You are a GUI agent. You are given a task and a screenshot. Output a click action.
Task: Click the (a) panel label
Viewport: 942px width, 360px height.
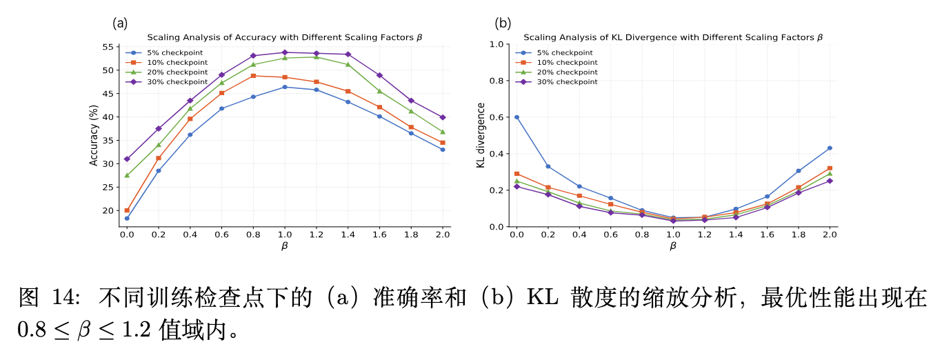(120, 23)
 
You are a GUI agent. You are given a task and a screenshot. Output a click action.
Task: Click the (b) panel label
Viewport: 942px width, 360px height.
(503, 23)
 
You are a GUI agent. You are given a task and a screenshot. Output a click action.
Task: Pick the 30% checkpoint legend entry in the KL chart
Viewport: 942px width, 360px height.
(557, 81)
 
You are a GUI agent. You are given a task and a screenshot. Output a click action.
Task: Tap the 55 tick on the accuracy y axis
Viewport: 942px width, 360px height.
(108, 47)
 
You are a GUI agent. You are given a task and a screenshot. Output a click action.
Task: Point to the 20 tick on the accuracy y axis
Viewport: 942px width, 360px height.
(108, 211)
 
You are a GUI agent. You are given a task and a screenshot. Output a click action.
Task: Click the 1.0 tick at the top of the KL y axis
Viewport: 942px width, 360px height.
(497, 44)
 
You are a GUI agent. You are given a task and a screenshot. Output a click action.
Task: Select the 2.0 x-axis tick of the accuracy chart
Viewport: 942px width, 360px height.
(443, 234)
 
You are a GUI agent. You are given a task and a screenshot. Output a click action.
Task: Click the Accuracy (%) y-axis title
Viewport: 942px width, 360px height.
(94, 135)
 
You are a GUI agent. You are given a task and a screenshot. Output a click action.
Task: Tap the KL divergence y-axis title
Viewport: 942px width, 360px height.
(481, 135)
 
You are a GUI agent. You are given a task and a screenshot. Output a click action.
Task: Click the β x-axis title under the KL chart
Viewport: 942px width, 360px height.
(673, 246)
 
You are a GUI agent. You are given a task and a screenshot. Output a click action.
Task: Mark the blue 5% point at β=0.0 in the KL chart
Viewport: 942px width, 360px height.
(517, 117)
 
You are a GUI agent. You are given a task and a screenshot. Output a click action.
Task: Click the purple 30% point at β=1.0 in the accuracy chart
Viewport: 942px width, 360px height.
(285, 52)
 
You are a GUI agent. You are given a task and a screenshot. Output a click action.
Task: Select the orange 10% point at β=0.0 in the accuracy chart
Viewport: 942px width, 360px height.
(127, 210)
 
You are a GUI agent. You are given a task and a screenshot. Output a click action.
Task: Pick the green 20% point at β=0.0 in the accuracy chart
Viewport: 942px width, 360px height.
(127, 175)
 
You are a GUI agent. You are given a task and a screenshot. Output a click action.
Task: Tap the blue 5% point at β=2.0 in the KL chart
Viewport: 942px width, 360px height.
(830, 148)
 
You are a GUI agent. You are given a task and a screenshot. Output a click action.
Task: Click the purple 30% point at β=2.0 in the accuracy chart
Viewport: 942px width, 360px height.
(443, 117)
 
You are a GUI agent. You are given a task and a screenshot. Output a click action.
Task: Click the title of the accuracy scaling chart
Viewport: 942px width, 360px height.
(285, 37)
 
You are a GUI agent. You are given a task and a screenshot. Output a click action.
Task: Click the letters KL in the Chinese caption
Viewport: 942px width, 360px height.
(542, 297)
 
